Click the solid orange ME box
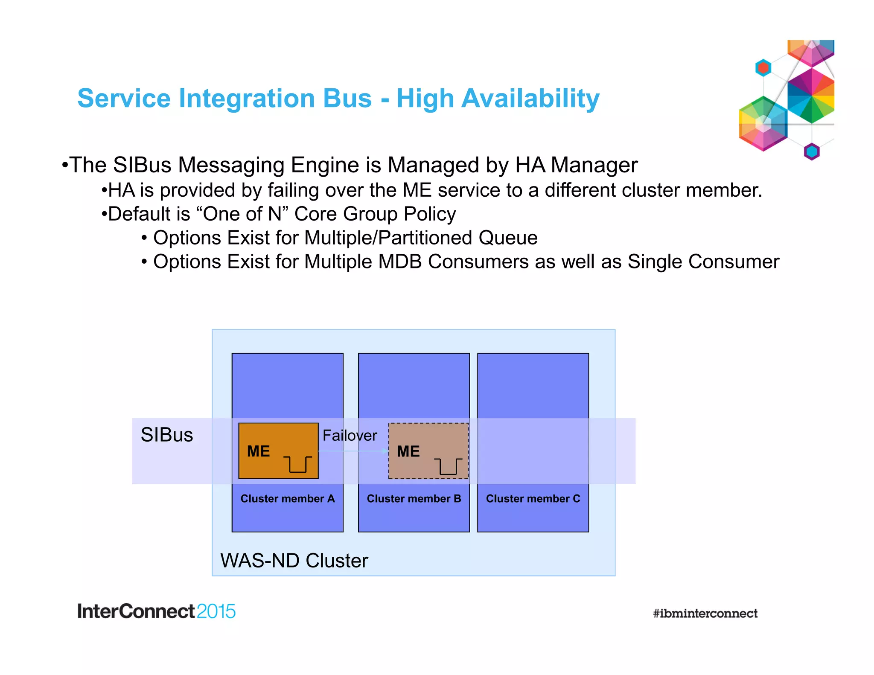pos(278,451)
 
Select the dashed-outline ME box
pos(428,451)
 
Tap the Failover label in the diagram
pos(350,436)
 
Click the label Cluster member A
pos(288,499)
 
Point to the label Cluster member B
pos(414,499)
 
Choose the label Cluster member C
pos(533,499)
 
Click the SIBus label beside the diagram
pos(167,435)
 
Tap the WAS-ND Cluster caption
pos(294,561)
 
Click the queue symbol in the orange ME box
pos(298,464)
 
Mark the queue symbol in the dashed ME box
pos(448,466)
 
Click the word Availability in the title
pos(530,99)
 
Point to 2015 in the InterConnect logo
pos(216,611)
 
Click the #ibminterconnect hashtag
pos(705,614)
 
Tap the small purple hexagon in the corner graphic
pos(811,151)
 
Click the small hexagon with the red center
pos(763,67)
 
